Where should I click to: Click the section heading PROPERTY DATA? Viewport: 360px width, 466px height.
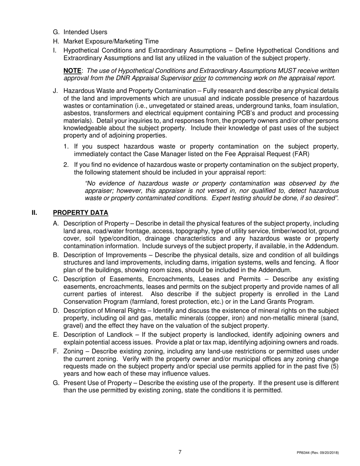pos(80,213)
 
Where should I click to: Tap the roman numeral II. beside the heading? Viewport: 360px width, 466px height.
pos(34,213)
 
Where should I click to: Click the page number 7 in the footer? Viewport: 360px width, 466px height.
pos(180,452)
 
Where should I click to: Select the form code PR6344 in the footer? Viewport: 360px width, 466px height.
pos(304,453)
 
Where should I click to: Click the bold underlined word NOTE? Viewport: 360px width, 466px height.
pos(72,71)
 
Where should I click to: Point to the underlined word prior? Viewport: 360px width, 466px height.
pos(199,78)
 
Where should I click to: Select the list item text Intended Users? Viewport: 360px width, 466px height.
pos(85,32)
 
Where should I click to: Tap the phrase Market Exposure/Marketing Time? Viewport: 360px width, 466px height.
pos(111,41)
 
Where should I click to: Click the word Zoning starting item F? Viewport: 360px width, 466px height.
pos(74,351)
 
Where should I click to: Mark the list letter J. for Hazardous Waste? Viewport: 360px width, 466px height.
pos(56,91)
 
